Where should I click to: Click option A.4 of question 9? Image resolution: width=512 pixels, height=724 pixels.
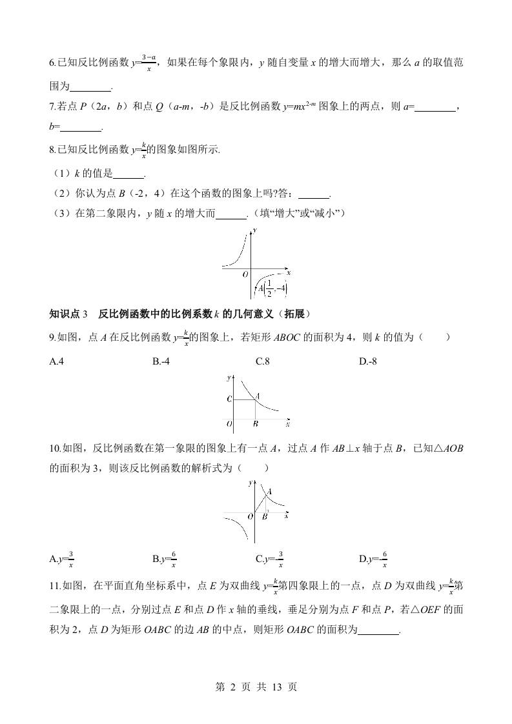coord(56,361)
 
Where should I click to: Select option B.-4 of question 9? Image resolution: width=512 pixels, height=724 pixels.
coord(161,361)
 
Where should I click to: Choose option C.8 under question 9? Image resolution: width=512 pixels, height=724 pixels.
coord(262,361)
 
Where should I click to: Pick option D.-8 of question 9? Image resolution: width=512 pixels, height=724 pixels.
coord(367,361)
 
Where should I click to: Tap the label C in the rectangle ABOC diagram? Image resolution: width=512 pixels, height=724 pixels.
coord(229,399)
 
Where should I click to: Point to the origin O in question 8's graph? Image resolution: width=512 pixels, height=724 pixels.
coord(245,274)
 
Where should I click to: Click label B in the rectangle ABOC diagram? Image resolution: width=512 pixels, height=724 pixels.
coord(256,424)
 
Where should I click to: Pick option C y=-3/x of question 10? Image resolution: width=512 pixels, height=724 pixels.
coord(270,559)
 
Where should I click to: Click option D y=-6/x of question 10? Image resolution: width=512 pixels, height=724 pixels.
coord(373,559)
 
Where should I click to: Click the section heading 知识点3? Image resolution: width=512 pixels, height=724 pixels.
coord(68,314)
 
